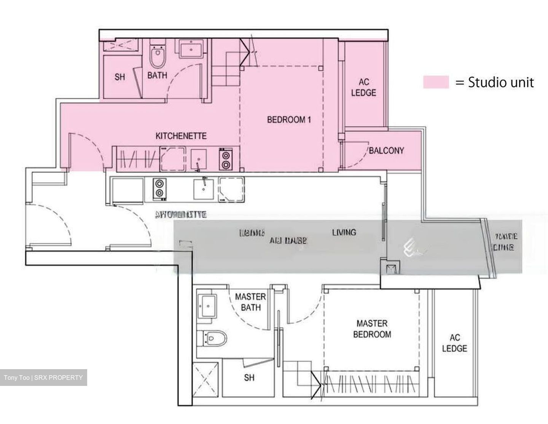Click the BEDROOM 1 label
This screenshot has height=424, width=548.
(289, 120)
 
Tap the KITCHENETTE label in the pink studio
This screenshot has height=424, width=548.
(181, 136)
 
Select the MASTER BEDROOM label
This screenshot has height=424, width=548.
(372, 329)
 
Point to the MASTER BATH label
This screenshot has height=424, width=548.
(250, 302)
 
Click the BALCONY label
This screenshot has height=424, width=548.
(386, 150)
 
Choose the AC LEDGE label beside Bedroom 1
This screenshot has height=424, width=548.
(363, 87)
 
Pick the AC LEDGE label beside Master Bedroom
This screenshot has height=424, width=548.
(454, 343)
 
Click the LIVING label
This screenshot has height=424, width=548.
(344, 232)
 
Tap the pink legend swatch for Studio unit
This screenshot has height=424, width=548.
(436, 82)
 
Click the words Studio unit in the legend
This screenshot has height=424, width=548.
(501, 82)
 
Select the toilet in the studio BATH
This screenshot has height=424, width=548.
(157, 56)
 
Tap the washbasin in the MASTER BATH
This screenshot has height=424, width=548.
(207, 305)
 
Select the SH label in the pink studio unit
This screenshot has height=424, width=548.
(119, 77)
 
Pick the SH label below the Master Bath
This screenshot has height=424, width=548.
(249, 378)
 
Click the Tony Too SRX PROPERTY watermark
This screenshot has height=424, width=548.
(43, 378)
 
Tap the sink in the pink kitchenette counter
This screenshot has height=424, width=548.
(198, 159)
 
